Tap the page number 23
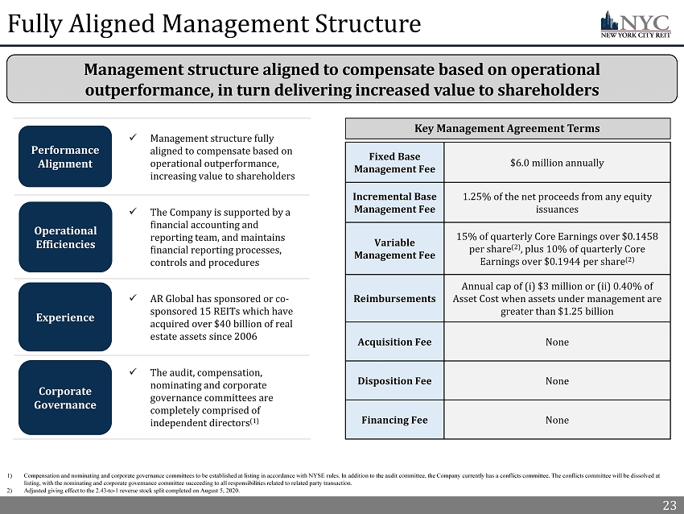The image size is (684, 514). click(x=669, y=505)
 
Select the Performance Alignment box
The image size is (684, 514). click(x=65, y=156)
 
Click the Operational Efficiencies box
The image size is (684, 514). click(x=65, y=238)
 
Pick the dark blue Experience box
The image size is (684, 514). click(x=65, y=317)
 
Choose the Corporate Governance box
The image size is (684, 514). click(x=65, y=397)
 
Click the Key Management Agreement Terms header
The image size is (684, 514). click(x=507, y=128)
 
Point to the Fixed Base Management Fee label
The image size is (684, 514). click(x=394, y=163)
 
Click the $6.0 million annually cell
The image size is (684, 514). click(x=557, y=163)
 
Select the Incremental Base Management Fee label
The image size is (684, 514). click(x=394, y=202)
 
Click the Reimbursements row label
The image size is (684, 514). click(x=394, y=298)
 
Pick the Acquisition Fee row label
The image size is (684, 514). click(x=394, y=342)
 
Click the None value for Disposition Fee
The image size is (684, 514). click(x=557, y=381)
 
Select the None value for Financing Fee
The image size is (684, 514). click(x=557, y=420)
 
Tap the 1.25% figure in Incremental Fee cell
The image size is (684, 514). click(x=477, y=196)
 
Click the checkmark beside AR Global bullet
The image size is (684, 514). click(x=134, y=296)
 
